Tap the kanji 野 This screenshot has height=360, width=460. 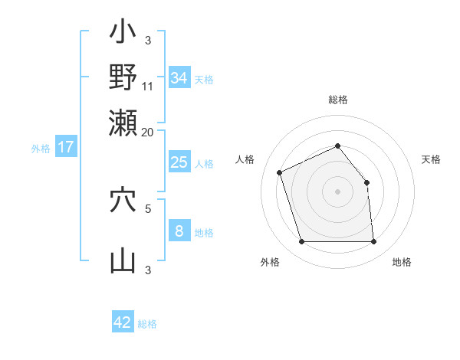(123, 77)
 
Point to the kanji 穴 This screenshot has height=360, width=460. (123, 201)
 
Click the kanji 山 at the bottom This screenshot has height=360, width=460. (123, 260)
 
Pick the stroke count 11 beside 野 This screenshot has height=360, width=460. (148, 86)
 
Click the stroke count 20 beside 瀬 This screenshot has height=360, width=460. (148, 131)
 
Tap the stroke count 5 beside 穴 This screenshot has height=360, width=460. (148, 207)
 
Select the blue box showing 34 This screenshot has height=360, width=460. (179, 77)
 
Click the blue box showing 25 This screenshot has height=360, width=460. (179, 162)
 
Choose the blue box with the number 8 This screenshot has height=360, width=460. (179, 231)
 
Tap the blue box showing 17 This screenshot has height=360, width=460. (65, 147)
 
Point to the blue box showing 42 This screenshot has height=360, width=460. (123, 322)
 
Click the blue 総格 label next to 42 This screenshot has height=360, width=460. (147, 324)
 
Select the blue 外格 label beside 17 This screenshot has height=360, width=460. (41, 149)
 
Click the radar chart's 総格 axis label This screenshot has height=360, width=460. (338, 100)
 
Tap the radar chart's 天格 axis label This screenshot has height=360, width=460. (432, 159)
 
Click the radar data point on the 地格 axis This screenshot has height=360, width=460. (374, 242)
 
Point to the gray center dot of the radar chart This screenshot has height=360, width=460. (338, 191)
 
